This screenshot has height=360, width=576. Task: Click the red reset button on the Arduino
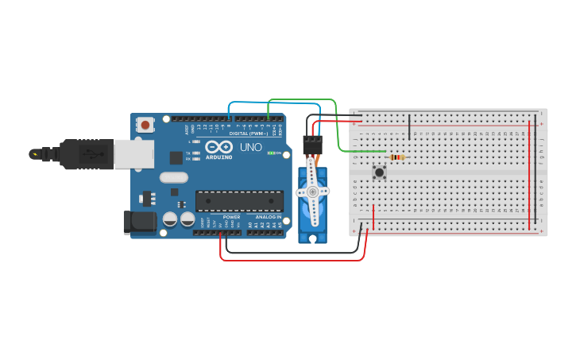(x=145, y=125)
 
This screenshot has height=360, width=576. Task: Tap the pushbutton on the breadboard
(x=380, y=172)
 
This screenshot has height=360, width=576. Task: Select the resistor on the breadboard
(x=395, y=157)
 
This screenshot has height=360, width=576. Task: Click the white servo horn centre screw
(x=312, y=192)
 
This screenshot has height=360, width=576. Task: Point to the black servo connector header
(x=313, y=143)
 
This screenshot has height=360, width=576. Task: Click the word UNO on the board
(x=251, y=147)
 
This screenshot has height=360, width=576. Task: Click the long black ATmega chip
(x=239, y=202)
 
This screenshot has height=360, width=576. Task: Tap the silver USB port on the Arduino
(x=133, y=154)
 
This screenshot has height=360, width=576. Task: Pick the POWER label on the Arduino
(x=231, y=216)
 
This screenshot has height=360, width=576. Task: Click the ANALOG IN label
(x=268, y=216)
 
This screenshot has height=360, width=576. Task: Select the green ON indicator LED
(x=272, y=153)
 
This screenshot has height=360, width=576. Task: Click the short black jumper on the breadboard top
(x=409, y=127)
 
